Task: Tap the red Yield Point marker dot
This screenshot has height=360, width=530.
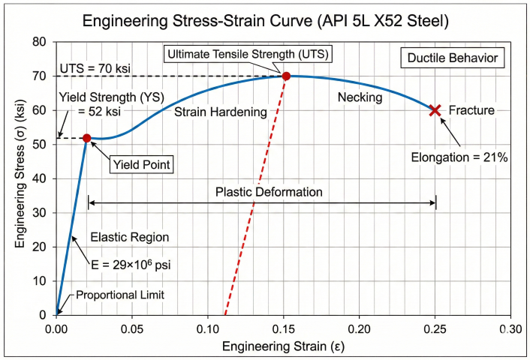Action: [x=87, y=138]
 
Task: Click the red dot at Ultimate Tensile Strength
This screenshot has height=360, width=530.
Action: [x=286, y=76]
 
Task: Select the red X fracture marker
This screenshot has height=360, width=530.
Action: [x=435, y=110]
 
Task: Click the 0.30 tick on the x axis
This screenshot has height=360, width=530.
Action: [x=510, y=328]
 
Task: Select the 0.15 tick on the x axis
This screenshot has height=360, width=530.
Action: [x=284, y=328]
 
